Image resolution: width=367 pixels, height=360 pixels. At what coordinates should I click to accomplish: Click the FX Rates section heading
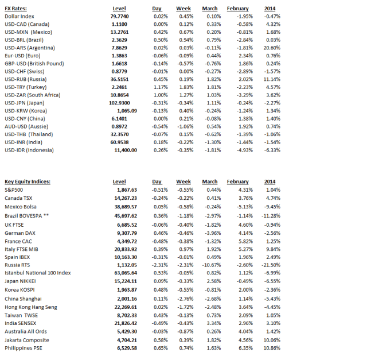click(15, 9)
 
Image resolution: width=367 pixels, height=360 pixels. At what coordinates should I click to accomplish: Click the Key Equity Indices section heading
click(28, 182)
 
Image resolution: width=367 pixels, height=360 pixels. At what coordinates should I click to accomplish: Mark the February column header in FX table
click(237, 9)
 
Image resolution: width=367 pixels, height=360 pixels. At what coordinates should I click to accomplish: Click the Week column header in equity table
click(183, 182)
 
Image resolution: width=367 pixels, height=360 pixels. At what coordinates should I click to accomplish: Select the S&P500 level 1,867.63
click(126, 189)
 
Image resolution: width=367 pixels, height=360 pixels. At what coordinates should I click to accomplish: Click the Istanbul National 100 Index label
click(38, 273)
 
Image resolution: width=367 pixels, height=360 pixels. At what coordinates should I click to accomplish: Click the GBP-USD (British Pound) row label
click(34, 63)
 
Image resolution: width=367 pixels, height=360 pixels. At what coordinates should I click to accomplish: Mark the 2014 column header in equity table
click(270, 182)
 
